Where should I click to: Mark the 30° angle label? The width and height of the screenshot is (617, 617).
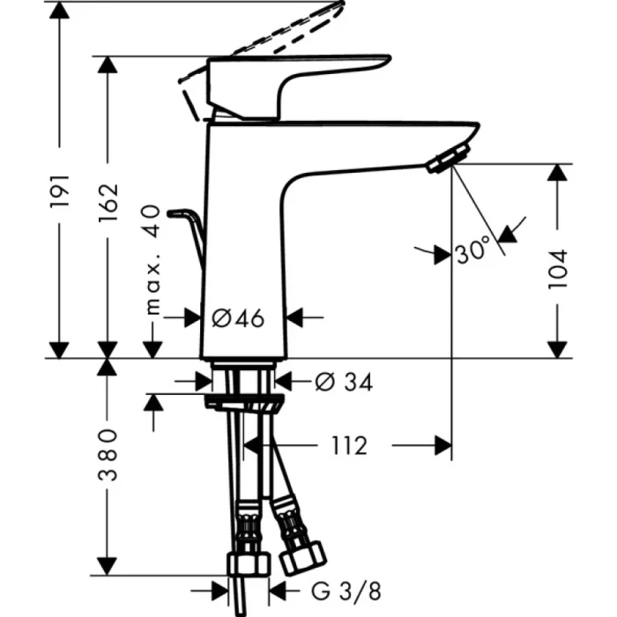click(472, 253)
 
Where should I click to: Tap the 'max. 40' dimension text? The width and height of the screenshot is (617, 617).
click(152, 259)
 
